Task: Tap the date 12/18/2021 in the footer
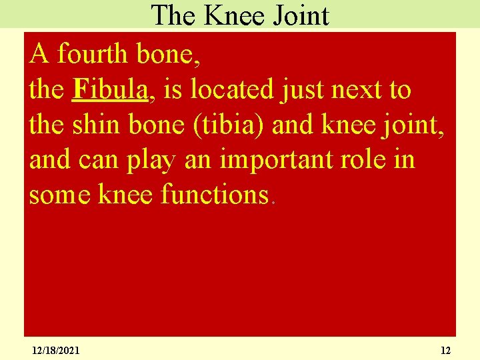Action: (55, 350)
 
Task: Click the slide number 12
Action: (446, 350)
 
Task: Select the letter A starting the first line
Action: (39, 54)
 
